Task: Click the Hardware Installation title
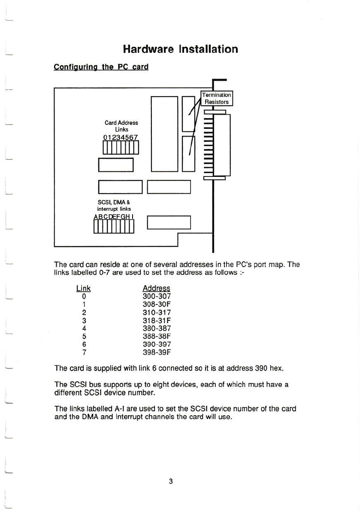(180, 49)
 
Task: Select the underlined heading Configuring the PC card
(101, 67)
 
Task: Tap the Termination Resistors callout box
(217, 98)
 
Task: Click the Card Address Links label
(121, 125)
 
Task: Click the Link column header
(83, 289)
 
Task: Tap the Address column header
(156, 289)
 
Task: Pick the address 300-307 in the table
(156, 296)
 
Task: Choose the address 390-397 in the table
(156, 345)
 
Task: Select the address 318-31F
(156, 320)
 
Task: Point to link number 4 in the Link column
(84, 328)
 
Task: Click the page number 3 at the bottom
(171, 481)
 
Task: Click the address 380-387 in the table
(156, 328)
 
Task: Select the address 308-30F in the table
(156, 304)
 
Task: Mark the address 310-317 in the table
(156, 313)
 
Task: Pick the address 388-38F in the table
(156, 337)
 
